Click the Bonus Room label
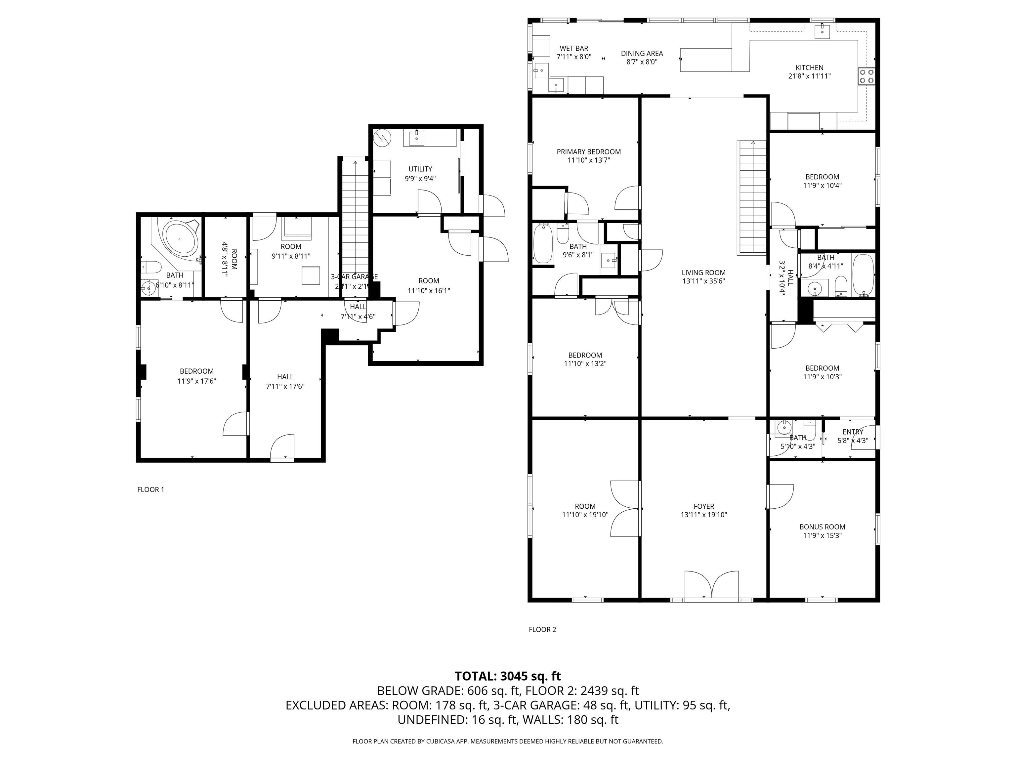[x=822, y=527]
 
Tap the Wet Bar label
[x=574, y=48]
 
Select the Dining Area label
[x=642, y=53]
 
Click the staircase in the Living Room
[x=752, y=197]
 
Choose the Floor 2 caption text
[x=542, y=630]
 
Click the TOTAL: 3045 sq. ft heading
[x=508, y=676]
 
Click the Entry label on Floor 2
[x=853, y=432]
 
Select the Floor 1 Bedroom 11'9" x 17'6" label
[x=196, y=371]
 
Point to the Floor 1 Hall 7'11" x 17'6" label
[x=285, y=377]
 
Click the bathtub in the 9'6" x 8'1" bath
[x=543, y=243]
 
